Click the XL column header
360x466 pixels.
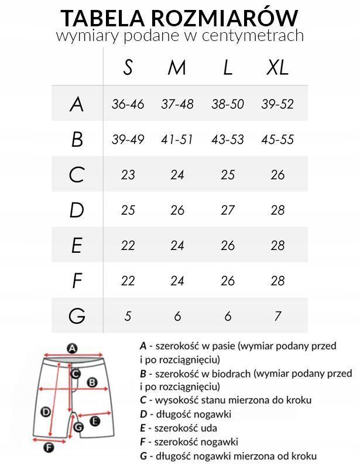(277, 68)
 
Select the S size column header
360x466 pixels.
(128, 68)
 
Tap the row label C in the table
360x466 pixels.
(77, 175)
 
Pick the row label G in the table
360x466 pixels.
(77, 316)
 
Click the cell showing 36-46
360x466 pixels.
(128, 104)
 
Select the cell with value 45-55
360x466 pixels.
(277, 139)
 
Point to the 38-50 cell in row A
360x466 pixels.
(228, 104)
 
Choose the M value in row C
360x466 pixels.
(177, 175)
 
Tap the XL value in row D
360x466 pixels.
(277, 210)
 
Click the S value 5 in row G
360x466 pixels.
(128, 316)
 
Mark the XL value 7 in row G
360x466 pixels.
(277, 316)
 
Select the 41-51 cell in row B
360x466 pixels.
(177, 139)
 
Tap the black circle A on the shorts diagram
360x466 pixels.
(71, 348)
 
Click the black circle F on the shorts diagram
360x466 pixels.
(49, 448)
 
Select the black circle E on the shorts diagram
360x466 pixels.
(95, 420)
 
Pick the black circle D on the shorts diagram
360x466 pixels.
(45, 412)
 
